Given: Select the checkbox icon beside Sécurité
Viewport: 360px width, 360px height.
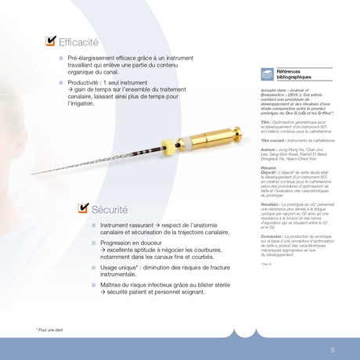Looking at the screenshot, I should click(x=83, y=186).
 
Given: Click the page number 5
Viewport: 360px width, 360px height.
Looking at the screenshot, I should click(x=333, y=350).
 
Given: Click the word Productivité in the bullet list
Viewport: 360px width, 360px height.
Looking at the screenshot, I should click(x=85, y=81).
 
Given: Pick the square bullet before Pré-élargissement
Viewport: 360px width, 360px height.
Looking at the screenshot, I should click(x=59, y=59).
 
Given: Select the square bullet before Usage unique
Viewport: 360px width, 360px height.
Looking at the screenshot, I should click(x=92, y=268).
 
